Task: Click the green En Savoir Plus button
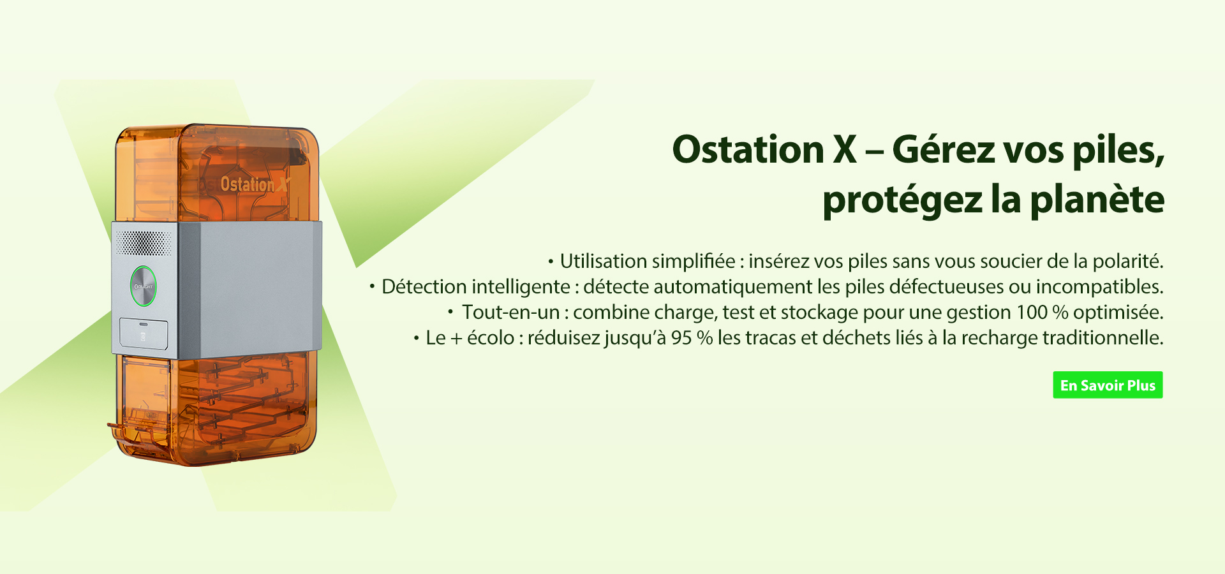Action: coord(1108,385)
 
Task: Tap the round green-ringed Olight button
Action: coord(144,286)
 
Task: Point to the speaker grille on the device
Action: coord(143,242)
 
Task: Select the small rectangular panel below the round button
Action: coord(144,334)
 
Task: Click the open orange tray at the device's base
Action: coord(137,434)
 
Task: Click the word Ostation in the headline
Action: coord(748,149)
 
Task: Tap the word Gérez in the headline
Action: coord(944,149)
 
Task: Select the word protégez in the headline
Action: coord(902,201)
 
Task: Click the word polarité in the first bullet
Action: coord(1128,261)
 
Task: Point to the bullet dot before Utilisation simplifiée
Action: coord(551,261)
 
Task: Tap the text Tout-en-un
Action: coord(510,312)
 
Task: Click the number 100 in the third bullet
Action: coord(1032,312)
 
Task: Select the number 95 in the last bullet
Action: coord(681,337)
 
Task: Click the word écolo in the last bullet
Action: coord(491,337)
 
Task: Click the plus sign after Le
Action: coord(456,339)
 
